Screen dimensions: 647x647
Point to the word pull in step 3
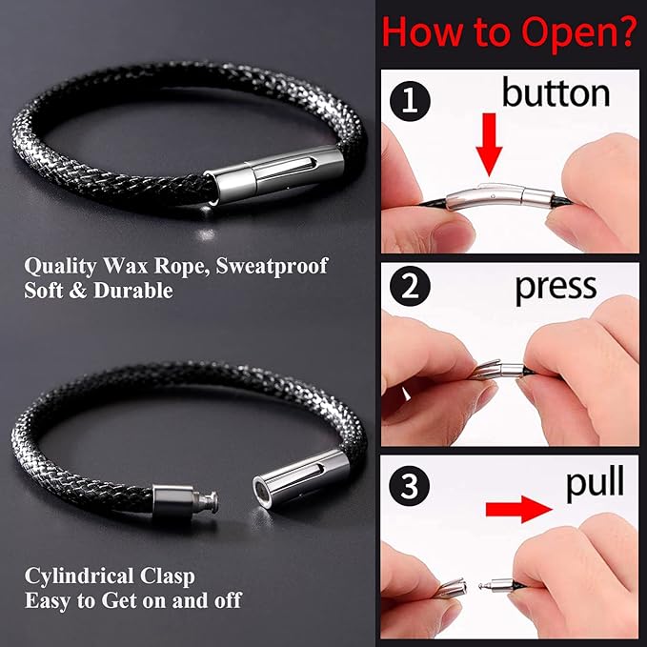click(x=594, y=484)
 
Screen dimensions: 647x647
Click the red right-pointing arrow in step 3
click(x=519, y=511)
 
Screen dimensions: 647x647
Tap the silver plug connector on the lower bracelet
click(x=186, y=500)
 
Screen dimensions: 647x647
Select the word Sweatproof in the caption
click(x=273, y=265)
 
